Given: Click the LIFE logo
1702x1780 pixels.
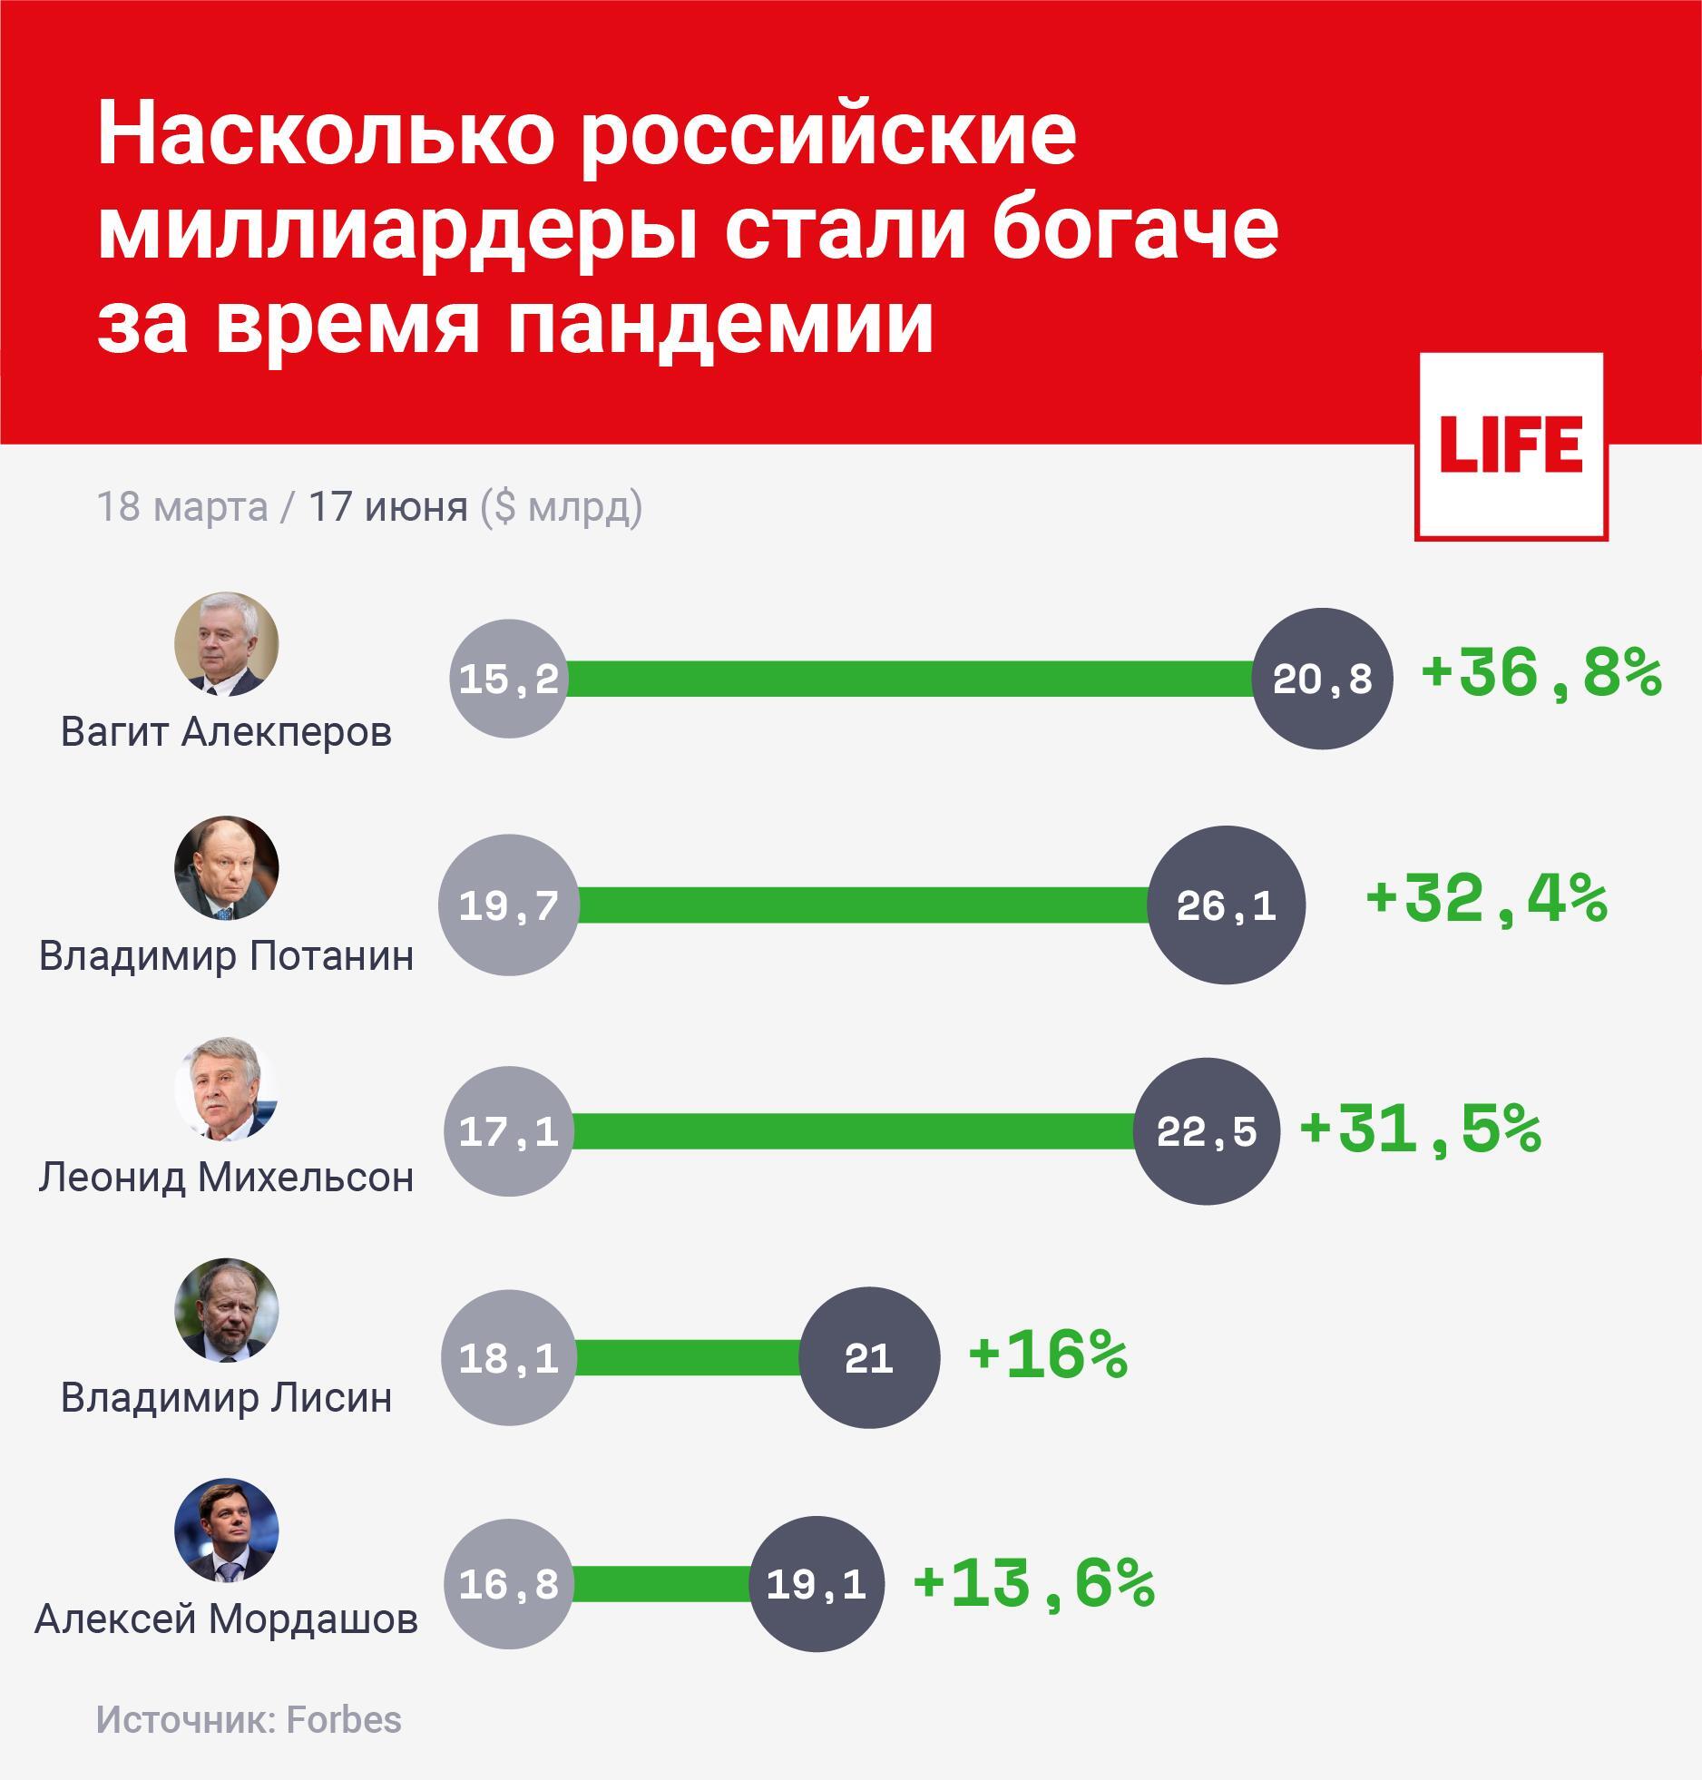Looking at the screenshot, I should (1511, 446).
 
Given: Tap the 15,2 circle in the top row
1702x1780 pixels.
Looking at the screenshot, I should (509, 679).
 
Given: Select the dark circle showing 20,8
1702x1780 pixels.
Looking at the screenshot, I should (1322, 679).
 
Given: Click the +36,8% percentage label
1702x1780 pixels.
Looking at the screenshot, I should (1541, 676).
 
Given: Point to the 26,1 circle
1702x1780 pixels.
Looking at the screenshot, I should (1226, 905).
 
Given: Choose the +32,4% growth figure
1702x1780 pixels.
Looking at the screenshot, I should (1486, 901).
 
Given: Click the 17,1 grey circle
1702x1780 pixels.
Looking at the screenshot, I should (509, 1131).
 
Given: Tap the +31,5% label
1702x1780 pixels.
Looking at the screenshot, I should (1421, 1130).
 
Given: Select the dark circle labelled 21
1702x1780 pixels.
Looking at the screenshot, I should (869, 1357).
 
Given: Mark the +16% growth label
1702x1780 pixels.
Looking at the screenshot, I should (1048, 1355).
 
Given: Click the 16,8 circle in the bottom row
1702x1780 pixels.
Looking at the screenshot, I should (509, 1584).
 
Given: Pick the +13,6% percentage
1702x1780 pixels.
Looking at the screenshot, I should (1034, 1583).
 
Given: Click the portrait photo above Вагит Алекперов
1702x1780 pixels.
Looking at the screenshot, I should (226, 644).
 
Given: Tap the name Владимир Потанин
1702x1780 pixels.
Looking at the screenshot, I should (226, 955).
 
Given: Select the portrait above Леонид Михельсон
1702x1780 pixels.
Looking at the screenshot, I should (226, 1089).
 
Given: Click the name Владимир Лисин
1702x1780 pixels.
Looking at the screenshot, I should (226, 1398).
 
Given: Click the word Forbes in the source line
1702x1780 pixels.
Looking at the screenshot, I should (344, 1720).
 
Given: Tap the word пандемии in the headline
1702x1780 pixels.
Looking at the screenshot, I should (720, 323).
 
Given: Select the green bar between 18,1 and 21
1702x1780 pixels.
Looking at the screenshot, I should (688, 1357).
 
